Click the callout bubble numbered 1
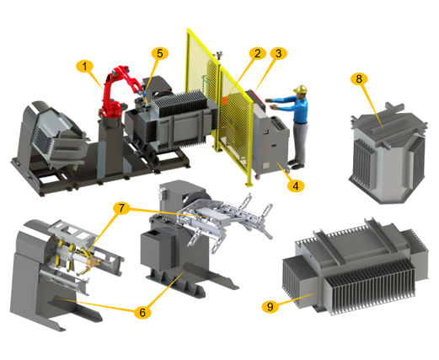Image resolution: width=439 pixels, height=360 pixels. pyautogui.click(x=84, y=67)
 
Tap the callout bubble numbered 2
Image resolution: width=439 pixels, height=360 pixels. pyautogui.click(x=257, y=53)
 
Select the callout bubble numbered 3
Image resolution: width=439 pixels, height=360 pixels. pyautogui.click(x=278, y=53)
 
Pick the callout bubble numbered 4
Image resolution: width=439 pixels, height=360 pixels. pyautogui.click(x=296, y=185)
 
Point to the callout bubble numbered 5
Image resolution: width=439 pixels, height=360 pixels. pyautogui.click(x=160, y=53)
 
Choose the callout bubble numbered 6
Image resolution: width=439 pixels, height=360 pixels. pyautogui.click(x=142, y=312)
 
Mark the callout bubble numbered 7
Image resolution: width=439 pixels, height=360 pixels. pyautogui.click(x=121, y=208)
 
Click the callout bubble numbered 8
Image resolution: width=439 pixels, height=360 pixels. pyautogui.click(x=359, y=79)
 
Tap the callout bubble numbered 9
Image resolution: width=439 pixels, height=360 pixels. pyautogui.click(x=270, y=306)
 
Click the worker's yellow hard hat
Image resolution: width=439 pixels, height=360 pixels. pyautogui.click(x=301, y=89)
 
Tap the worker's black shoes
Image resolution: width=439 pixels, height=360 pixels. pyautogui.click(x=296, y=164)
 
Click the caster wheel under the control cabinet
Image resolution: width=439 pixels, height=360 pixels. pyautogui.click(x=257, y=177)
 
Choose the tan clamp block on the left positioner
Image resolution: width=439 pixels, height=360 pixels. pyautogui.click(x=92, y=263)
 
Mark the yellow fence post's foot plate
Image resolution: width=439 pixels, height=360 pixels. pyautogui.click(x=249, y=185)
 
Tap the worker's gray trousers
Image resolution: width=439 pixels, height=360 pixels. pyautogui.click(x=301, y=142)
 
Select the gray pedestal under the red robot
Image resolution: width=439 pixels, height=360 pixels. pyautogui.click(x=111, y=146)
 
